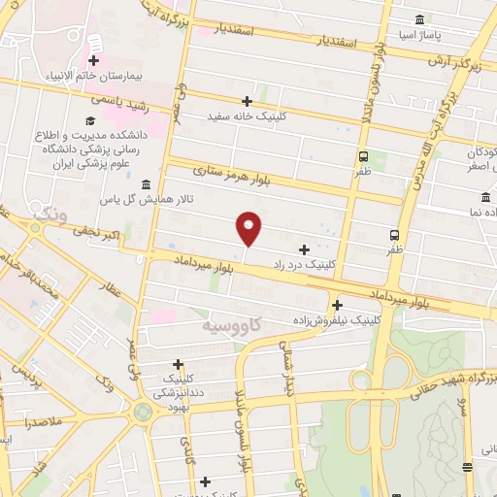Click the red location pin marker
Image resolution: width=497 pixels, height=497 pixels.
249,227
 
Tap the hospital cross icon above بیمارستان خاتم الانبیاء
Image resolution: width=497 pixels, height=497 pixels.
94,43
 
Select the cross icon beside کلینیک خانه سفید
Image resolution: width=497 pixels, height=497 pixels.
248,101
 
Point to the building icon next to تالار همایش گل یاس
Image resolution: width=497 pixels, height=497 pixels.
146,184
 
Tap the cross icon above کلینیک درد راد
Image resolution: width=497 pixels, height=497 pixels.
305,249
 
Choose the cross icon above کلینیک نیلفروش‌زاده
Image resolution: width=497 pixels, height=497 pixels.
337,305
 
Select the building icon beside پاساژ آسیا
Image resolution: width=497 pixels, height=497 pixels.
418,20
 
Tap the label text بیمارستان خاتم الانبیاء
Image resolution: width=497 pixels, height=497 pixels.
93,75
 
